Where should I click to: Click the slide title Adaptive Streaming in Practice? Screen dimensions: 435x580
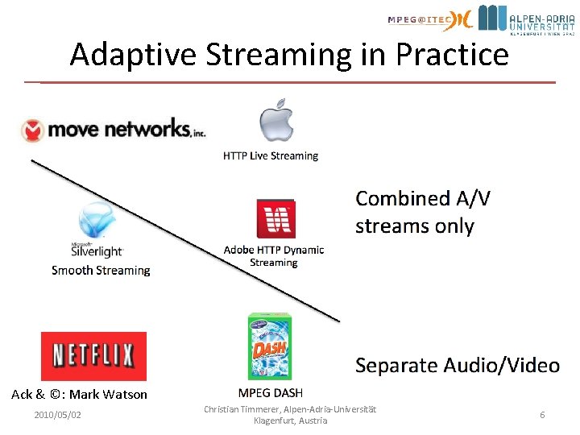pyautogui.click(x=289, y=55)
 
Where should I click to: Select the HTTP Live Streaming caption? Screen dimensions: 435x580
pyautogui.click(x=271, y=155)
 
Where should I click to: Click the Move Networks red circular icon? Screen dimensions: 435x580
pyautogui.click(x=34, y=130)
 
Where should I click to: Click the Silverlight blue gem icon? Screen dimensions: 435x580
pyautogui.click(x=95, y=221)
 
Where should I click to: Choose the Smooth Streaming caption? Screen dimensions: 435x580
pyautogui.click(x=101, y=270)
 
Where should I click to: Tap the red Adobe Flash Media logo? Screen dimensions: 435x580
pyautogui.click(x=275, y=219)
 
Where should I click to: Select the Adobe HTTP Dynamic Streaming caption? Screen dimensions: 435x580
pyautogui.click(x=274, y=256)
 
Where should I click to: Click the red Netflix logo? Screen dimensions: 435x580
pyautogui.click(x=93, y=355)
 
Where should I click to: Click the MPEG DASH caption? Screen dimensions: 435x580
pyautogui.click(x=271, y=393)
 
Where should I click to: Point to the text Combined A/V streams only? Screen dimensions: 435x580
pyautogui.click(x=425, y=212)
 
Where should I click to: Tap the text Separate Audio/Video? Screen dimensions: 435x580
pyautogui.click(x=457, y=366)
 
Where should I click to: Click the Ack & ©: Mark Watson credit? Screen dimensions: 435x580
pyautogui.click(x=80, y=394)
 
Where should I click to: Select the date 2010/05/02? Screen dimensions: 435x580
pyautogui.click(x=57, y=415)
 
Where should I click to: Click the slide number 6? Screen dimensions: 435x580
pyautogui.click(x=542, y=415)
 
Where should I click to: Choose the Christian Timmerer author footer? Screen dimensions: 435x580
pyautogui.click(x=290, y=415)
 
